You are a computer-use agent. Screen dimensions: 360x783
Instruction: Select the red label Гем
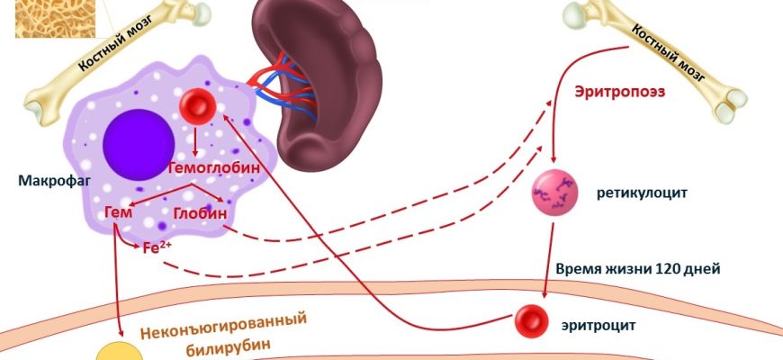119,211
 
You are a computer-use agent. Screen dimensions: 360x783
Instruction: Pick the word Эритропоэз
616,91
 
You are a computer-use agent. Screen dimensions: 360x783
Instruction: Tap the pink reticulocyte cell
552,192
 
